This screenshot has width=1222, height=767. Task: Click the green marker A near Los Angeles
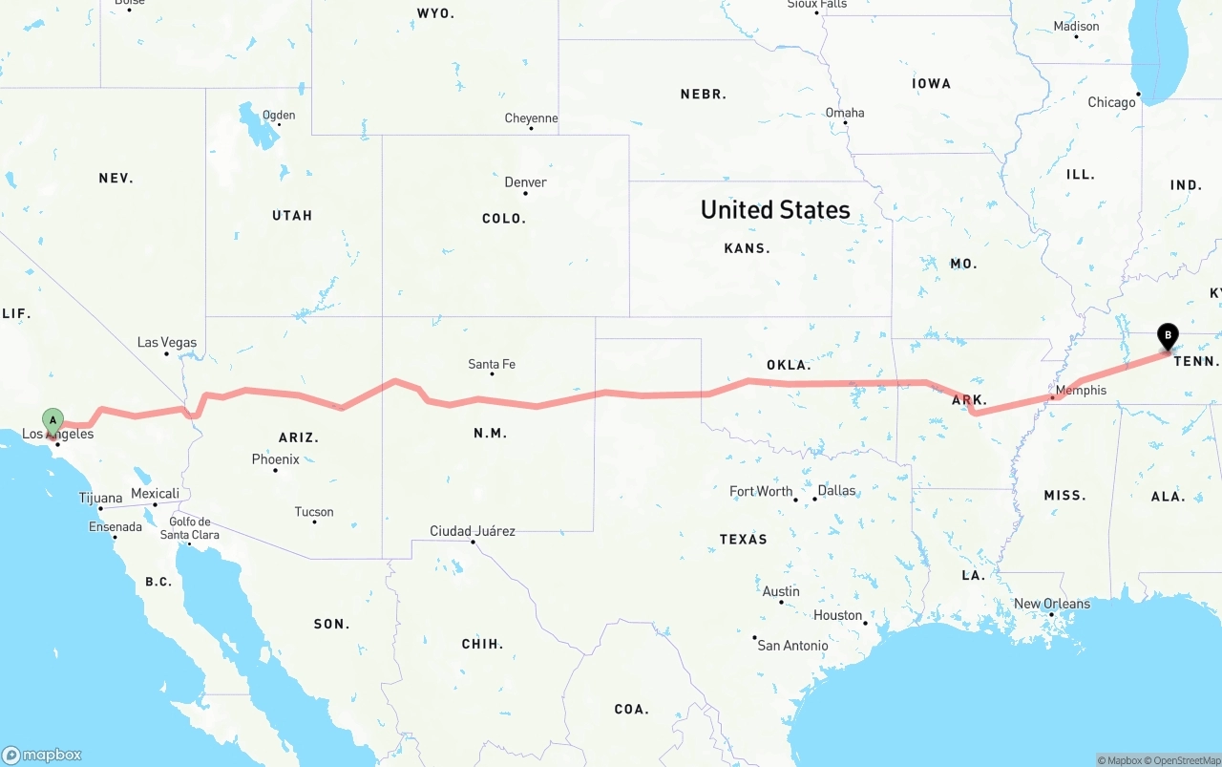(53, 420)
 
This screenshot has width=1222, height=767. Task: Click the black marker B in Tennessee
(1167, 337)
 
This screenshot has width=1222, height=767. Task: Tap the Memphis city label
(1081, 390)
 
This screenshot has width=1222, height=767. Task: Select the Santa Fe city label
(492, 364)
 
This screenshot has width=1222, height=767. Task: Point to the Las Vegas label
(167, 342)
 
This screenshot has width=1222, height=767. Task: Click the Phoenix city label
(276, 459)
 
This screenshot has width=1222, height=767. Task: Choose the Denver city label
(526, 181)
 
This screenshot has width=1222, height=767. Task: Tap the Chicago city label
(1111, 102)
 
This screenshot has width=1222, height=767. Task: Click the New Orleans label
(1051, 604)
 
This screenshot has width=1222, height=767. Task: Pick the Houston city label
(838, 615)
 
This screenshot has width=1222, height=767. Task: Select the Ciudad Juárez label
(473, 531)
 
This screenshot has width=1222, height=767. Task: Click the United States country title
(775, 210)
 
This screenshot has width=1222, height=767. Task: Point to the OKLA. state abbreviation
(789, 365)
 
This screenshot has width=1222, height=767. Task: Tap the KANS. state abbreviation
(748, 248)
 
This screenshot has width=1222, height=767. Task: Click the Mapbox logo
(42, 755)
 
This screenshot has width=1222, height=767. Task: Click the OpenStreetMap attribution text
(1185, 760)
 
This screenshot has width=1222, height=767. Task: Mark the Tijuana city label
(100, 498)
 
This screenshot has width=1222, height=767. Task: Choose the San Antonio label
(793, 646)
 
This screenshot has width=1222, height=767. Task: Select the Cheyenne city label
(531, 118)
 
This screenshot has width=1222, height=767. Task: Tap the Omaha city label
(845, 113)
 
